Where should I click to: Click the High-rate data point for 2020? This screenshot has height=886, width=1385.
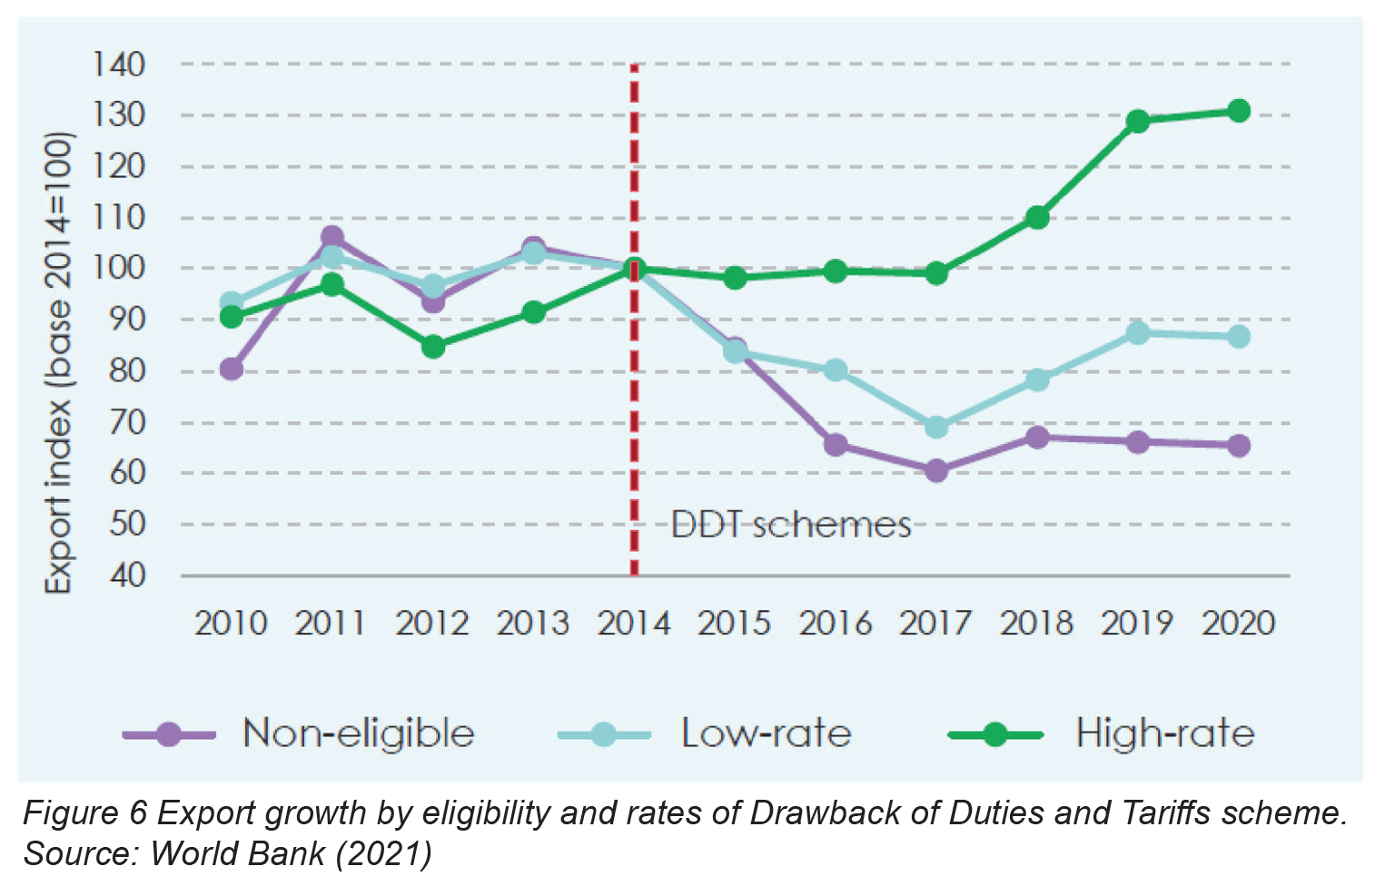(x=1239, y=111)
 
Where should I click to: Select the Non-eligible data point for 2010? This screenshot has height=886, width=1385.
(x=232, y=369)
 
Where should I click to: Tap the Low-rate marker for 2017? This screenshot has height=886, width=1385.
(x=936, y=427)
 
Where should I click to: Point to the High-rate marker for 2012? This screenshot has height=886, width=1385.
(x=433, y=347)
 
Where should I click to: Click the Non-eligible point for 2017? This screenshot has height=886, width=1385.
(x=936, y=470)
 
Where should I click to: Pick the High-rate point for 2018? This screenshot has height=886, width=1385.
(x=1037, y=218)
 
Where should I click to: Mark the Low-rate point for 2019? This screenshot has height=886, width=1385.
(x=1138, y=333)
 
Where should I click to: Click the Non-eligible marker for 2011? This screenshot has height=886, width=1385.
(x=332, y=238)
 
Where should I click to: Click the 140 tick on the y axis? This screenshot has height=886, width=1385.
(x=119, y=64)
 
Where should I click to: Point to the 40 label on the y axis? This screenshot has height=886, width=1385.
(x=127, y=576)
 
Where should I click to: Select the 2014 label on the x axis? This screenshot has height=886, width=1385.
(x=634, y=624)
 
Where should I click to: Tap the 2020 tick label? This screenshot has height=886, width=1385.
(x=1239, y=624)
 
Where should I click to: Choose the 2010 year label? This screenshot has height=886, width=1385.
(x=232, y=624)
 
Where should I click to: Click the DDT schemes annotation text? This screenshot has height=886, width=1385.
(x=790, y=525)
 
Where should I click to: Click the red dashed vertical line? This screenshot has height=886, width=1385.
(x=634, y=409)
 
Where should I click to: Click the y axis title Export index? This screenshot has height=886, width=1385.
(x=58, y=363)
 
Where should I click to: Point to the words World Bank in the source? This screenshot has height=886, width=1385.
(x=237, y=853)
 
